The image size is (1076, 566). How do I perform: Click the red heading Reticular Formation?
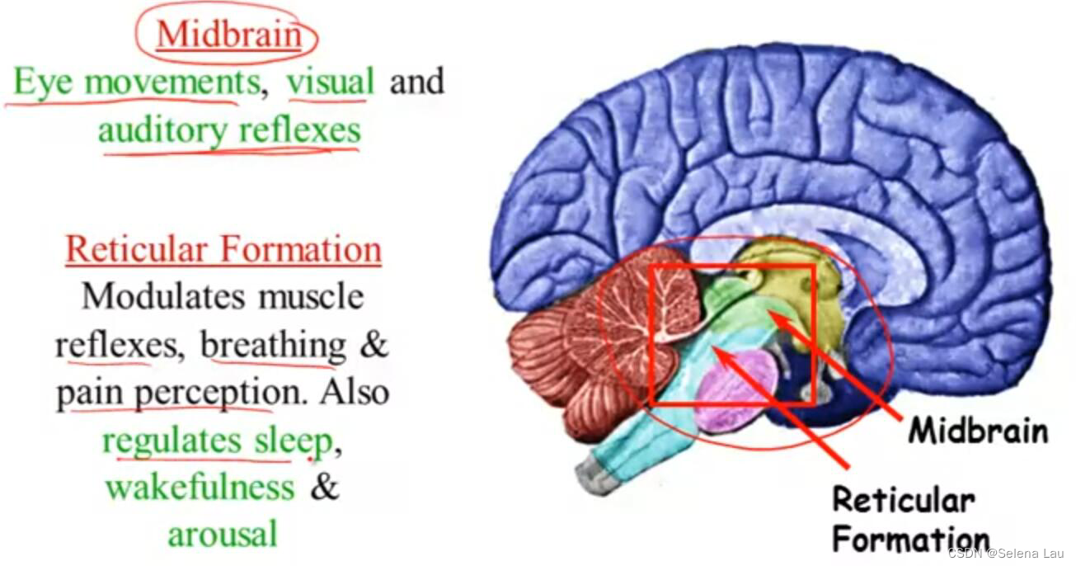(223, 249)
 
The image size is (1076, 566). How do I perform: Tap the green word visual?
(330, 82)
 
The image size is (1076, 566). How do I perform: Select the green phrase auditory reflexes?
(229, 130)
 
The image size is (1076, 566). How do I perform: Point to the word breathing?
(274, 345)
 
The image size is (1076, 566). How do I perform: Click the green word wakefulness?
(200, 487)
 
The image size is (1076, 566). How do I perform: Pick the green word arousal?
(223, 535)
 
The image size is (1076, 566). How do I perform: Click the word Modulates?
(162, 296)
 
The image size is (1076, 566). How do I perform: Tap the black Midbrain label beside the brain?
(978, 431)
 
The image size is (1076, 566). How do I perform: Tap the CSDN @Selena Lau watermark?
(1008, 553)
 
